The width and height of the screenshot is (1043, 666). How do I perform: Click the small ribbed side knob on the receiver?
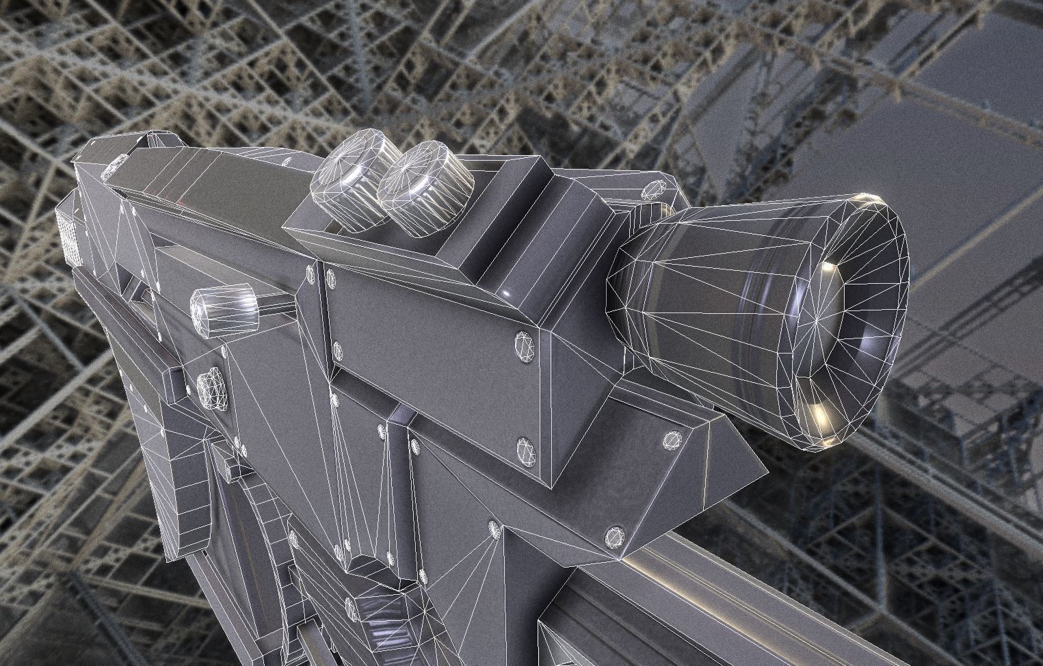tap(226, 308)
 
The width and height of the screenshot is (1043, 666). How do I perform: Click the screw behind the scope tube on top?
tap(655, 189)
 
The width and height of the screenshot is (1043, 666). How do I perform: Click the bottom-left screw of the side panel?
tap(337, 350)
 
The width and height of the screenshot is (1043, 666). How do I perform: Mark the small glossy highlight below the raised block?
tap(507, 293)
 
